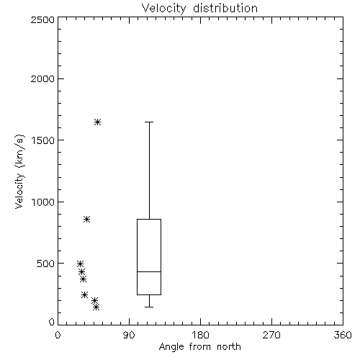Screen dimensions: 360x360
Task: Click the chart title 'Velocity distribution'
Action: tap(199, 8)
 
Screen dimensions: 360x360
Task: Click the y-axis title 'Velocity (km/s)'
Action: tap(19, 171)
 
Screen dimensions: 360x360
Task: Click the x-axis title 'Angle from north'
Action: tap(199, 347)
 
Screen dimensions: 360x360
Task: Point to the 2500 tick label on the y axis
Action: tap(42, 19)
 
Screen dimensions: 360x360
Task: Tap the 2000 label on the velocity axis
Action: tap(42, 78)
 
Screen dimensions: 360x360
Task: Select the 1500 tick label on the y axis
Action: tap(43, 140)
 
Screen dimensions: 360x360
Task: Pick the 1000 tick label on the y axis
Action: tap(43, 202)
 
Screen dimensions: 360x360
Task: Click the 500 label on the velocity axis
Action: tap(46, 264)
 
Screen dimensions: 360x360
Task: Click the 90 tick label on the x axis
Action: tap(129, 335)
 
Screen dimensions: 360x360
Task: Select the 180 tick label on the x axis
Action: tap(200, 335)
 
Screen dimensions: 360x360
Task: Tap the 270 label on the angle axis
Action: tap(271, 335)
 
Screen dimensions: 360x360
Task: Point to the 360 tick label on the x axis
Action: tap(343, 335)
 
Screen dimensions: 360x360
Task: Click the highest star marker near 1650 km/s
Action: tap(97, 122)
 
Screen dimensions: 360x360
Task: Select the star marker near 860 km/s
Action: tap(86, 219)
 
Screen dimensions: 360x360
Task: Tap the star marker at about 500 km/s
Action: tap(81, 264)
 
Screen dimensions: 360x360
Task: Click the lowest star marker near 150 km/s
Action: tap(96, 307)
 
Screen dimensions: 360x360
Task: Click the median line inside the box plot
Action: tap(149, 271)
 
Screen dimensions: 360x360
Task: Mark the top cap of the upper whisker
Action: tap(149, 122)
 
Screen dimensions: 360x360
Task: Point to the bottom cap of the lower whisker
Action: tap(149, 307)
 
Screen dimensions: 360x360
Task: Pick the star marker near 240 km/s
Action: tap(84, 294)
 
